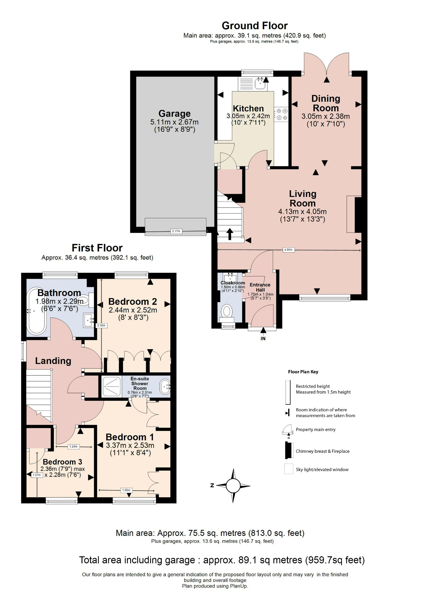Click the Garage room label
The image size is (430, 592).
coord(174,114)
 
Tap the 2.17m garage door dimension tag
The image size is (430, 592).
coord(176,231)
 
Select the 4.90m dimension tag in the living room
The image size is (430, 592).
coord(288,250)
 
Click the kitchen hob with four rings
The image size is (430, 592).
coord(281,114)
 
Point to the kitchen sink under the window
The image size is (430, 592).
coord(261,84)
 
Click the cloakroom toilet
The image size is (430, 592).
coord(227,312)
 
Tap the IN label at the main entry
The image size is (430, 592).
coord(263,338)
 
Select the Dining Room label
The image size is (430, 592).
coord(325,103)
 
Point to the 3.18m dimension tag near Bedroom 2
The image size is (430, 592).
coord(101,325)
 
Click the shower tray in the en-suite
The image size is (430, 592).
coord(111,386)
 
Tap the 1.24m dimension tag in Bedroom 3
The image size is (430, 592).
coord(73,447)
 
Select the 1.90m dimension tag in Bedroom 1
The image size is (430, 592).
coord(126,490)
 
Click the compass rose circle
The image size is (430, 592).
coord(233,486)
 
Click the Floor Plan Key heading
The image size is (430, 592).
coord(303,372)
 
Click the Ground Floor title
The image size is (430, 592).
coord(254,26)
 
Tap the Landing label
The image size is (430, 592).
coord(53,361)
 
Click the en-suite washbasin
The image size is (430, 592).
coord(165,386)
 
